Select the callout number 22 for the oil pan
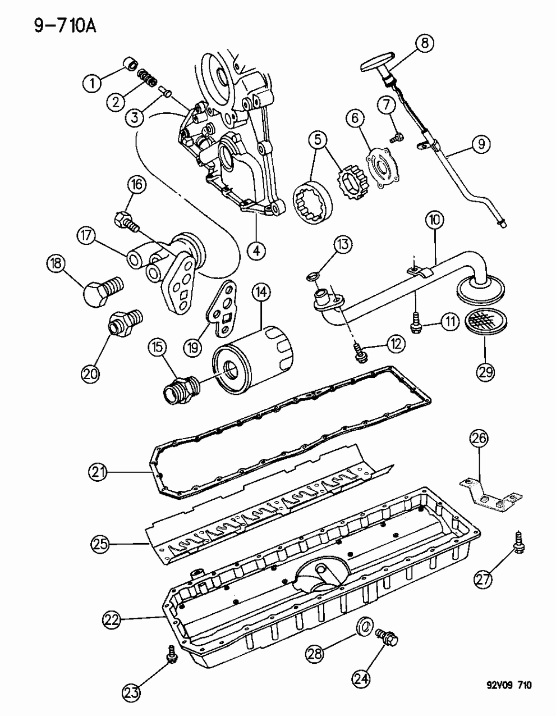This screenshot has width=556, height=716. click(x=112, y=619)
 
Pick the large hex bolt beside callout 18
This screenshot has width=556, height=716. click(x=101, y=288)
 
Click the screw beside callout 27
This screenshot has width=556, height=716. click(x=516, y=542)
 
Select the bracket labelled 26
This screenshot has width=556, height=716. click(x=488, y=494)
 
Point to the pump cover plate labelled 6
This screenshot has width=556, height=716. click(x=383, y=167)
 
